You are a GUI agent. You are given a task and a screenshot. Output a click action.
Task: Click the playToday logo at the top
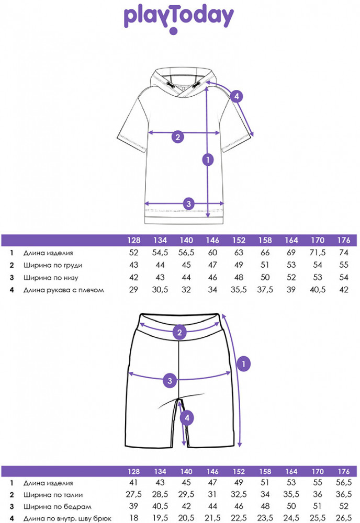pyautogui.click(x=178, y=18)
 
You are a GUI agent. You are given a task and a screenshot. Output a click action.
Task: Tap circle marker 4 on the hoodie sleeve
pyautogui.click(x=237, y=96)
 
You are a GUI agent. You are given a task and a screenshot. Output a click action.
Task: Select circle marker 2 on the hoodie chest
pyautogui.click(x=178, y=137)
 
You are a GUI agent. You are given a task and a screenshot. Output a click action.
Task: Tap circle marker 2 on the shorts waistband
pyautogui.click(x=179, y=332)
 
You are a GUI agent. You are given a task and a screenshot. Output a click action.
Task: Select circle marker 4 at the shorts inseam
pyautogui.click(x=187, y=417)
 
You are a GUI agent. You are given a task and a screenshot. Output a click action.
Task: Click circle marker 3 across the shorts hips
pyautogui.click(x=169, y=380)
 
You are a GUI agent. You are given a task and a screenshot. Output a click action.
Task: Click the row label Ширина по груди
pyautogui.click(x=53, y=265)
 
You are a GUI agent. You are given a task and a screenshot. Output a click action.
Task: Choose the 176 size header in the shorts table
pyautogui.click(x=344, y=471)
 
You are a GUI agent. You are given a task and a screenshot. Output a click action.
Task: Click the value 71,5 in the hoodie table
pyautogui.click(x=318, y=253)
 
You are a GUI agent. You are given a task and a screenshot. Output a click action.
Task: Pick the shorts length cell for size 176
pyautogui.click(x=344, y=483)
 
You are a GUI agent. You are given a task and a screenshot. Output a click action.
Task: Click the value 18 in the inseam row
pyautogui.click(x=134, y=518)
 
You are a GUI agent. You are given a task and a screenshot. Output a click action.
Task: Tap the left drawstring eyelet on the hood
pyautogui.click(x=171, y=85)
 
